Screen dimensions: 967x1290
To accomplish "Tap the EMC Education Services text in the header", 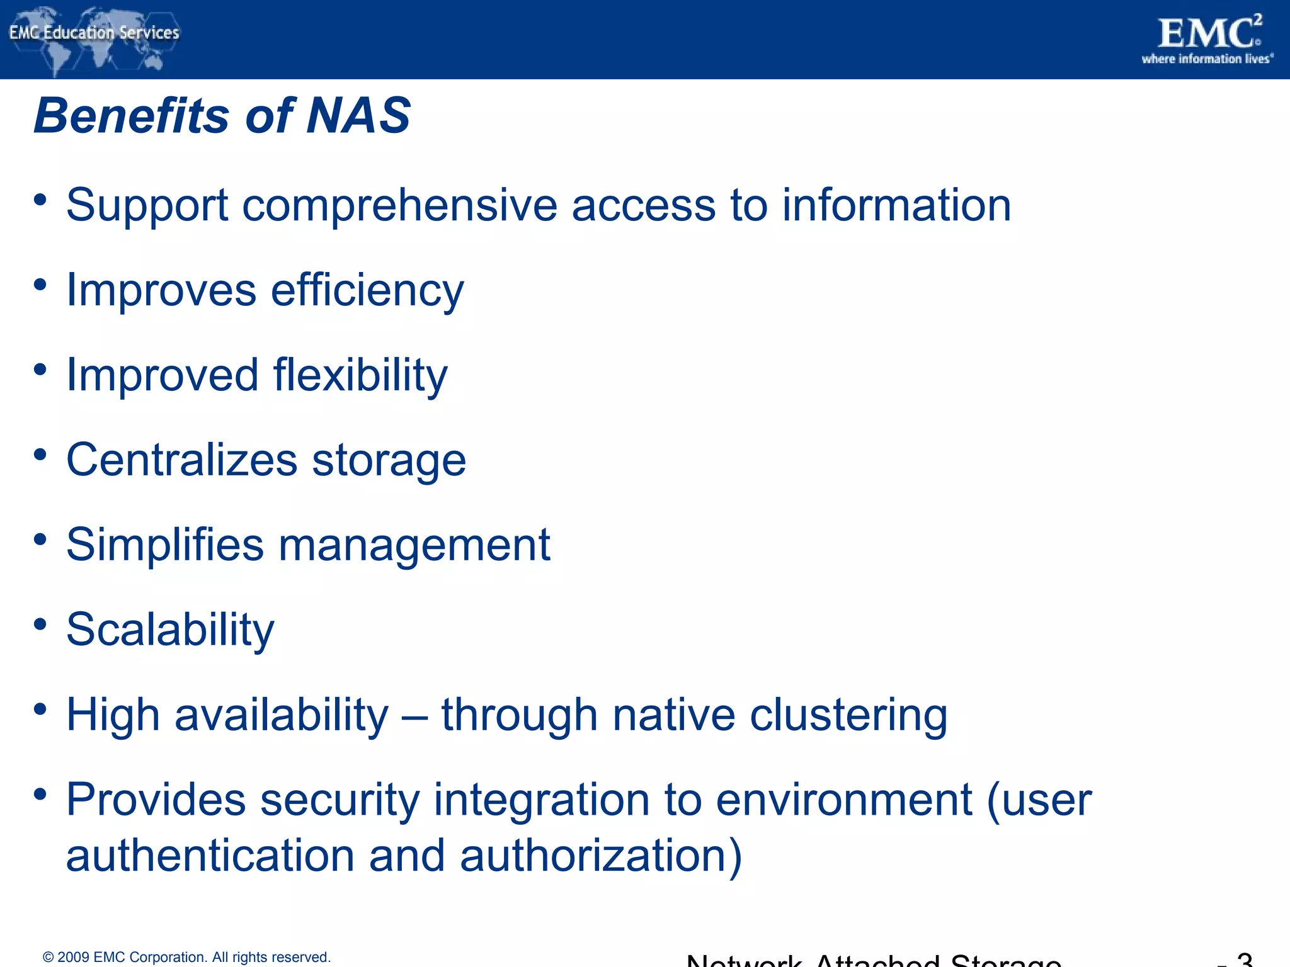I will pos(94,33).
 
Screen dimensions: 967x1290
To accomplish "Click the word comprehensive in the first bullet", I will pos(399,206).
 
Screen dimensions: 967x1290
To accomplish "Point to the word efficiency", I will pos(367,291).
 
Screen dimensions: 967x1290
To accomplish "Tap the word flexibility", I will pos(360,375).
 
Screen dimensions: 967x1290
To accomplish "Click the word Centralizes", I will pos(181,460).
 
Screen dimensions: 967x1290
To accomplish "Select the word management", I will pos(414,545).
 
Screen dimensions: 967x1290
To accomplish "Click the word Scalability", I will pos(170,630).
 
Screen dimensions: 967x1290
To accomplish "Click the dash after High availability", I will pos(414,716).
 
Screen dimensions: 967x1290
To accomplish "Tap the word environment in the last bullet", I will pos(844,800).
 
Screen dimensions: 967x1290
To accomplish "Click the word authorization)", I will pos(601,856).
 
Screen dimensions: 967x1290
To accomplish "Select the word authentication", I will pos(210,856).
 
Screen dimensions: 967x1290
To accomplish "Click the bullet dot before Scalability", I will pos(41,624).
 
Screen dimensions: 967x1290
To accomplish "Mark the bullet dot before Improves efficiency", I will pos(41,285).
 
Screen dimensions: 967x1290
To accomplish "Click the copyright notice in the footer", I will pos(186,958).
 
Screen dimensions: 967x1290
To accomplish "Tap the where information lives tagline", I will pos(1207,59).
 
